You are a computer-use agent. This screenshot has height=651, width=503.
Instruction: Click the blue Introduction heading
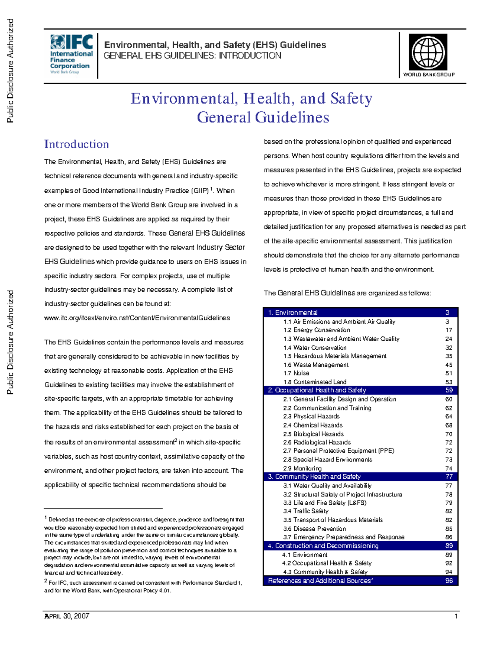click(x=77, y=144)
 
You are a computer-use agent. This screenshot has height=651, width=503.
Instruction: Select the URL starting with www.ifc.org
click(x=137, y=318)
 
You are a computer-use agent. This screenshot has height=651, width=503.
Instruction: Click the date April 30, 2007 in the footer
click(x=67, y=616)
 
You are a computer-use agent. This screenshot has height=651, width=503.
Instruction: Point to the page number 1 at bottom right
click(x=456, y=616)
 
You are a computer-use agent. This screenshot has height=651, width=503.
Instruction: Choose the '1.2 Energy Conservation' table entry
click(x=316, y=330)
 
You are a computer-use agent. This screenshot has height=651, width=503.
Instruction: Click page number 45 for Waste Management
click(x=449, y=365)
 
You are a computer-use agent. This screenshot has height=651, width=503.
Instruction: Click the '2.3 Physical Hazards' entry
click(x=311, y=416)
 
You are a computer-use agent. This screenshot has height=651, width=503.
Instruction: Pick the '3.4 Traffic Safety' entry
click(x=306, y=511)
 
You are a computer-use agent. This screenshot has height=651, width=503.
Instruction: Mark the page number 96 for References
click(x=449, y=581)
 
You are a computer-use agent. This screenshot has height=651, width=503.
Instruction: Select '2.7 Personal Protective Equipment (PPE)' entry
click(x=338, y=451)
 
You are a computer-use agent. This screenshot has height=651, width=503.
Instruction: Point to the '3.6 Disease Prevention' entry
click(x=314, y=529)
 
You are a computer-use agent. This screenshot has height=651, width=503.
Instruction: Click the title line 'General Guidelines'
click(x=263, y=117)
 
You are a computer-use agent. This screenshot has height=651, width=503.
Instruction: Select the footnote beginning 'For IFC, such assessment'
click(x=143, y=586)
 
